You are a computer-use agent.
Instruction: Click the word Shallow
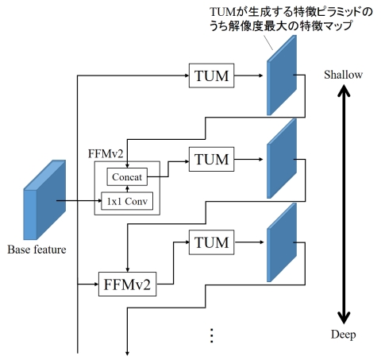pos(343,75)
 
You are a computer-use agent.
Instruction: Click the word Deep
pos(343,335)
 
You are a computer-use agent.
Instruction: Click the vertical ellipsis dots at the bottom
pos(211,335)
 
